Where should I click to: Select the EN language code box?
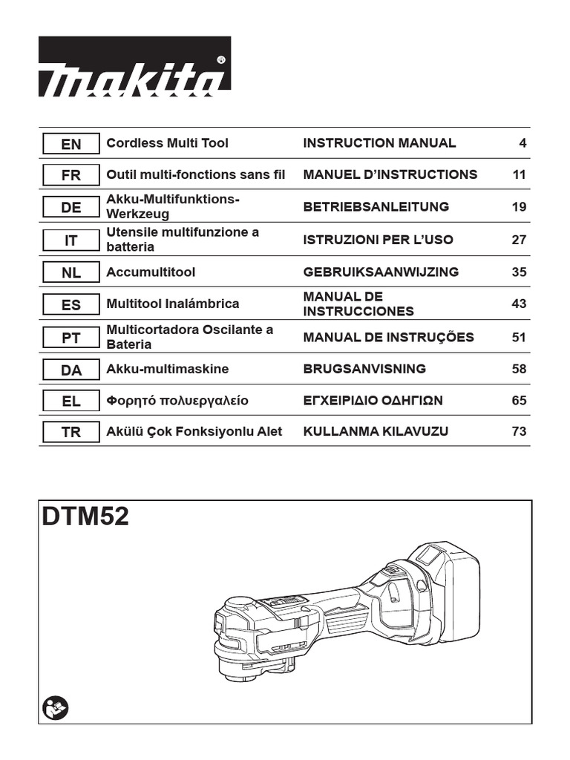[71, 144]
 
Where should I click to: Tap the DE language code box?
[71, 208]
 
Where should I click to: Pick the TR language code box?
[71, 432]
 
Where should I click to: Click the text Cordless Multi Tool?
[167, 143]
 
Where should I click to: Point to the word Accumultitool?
[151, 272]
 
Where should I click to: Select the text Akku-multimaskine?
[167, 369]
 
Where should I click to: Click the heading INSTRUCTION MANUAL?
[379, 143]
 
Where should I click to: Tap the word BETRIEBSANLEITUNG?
[376, 207]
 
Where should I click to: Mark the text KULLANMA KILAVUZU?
[376, 431]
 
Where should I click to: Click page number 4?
[522, 143]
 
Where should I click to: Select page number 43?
[519, 304]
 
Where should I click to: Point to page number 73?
[519, 431]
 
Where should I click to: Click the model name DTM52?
[85, 517]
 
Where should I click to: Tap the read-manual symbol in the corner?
[56, 706]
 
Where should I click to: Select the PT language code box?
[71, 337]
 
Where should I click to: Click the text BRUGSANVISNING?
[364, 369]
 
